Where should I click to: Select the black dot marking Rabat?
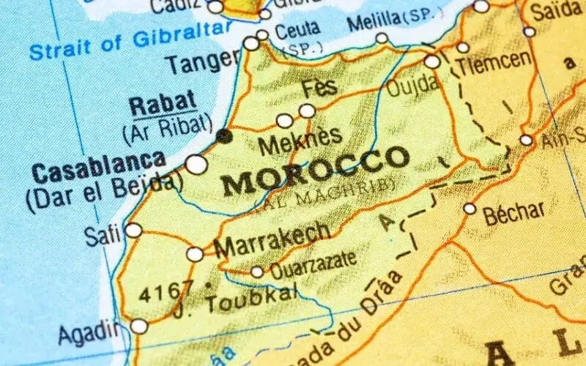pos(224,135)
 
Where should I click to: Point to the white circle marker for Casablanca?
pos(196,164)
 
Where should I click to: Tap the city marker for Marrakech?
pos(195,254)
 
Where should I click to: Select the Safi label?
pos(102,236)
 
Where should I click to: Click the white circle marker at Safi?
pos(133,230)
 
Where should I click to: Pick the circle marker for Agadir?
pos(139,326)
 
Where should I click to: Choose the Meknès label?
pos(300,138)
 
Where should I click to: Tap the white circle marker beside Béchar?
pos(470,209)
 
